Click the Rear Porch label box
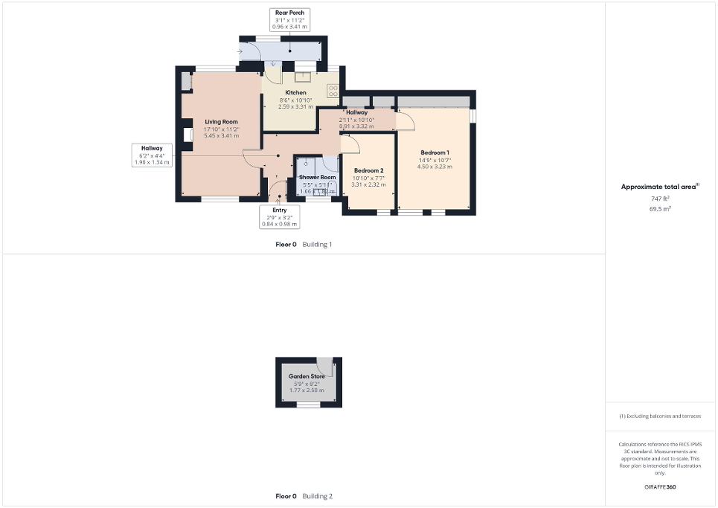[x=288, y=19]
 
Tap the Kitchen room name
[x=275, y=92]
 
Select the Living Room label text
[x=221, y=121]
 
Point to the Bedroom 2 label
[x=368, y=170]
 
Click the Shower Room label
[x=318, y=177]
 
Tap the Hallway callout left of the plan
[x=152, y=155]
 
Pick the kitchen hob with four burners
[x=333, y=91]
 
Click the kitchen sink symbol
[x=305, y=75]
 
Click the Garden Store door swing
[x=324, y=366]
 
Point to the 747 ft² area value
[x=661, y=199]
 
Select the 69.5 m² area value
[x=661, y=209]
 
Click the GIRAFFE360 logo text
[x=661, y=487]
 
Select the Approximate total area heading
[x=660, y=187]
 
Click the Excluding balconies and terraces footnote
[x=660, y=416]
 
